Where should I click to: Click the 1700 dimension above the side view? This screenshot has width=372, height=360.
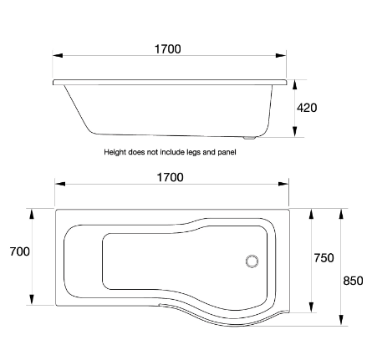[167, 49]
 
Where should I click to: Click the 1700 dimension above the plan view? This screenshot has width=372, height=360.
[170, 177]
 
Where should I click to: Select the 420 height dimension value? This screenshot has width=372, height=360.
[307, 108]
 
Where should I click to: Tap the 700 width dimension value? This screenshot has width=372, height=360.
[19, 251]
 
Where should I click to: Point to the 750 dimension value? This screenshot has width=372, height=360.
[324, 258]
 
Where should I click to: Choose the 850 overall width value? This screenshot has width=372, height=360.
[353, 281]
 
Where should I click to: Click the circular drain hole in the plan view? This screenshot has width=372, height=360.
[252, 261]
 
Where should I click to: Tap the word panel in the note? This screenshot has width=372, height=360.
[228, 153]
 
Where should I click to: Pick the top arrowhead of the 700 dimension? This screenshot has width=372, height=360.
[33, 214]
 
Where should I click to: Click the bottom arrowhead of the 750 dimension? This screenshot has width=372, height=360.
[312, 303]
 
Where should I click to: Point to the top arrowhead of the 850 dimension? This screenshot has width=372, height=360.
[341, 214]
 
